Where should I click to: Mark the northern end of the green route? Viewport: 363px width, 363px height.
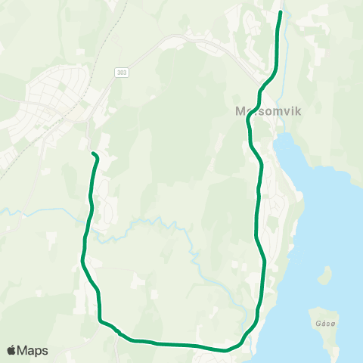point(281,13)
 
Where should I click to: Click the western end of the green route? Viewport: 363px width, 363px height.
point(93,154)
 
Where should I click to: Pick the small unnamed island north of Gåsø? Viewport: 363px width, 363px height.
point(327,273)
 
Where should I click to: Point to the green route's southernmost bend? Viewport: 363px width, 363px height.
point(225,350)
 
